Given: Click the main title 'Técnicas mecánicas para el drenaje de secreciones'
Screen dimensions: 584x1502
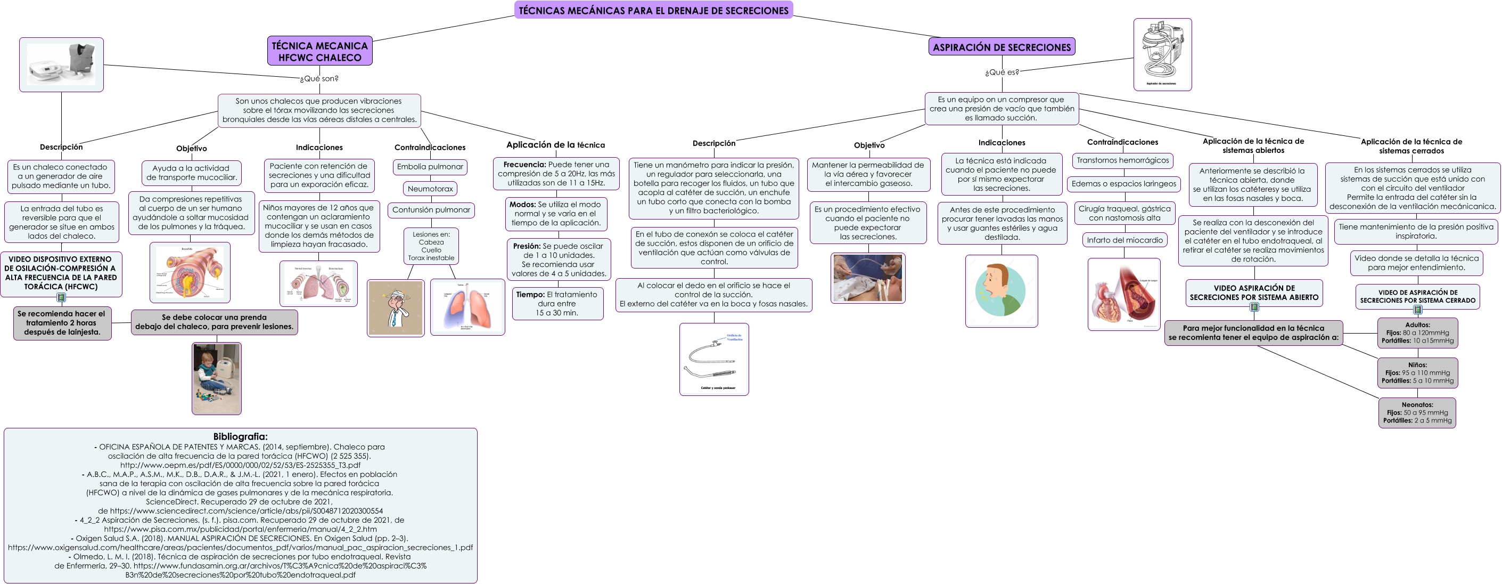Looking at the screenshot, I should [653, 10].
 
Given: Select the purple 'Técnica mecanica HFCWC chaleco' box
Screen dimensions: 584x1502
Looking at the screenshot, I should [319, 51].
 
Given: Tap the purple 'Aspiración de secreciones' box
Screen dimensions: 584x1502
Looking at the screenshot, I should [1001, 47].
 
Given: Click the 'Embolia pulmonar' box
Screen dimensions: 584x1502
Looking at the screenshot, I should [430, 167].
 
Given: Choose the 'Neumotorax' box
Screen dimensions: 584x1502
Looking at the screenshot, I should [430, 189].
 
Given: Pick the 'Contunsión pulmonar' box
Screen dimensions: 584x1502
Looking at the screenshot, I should [431, 210].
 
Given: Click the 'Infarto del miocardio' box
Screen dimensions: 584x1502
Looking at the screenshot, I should [1124, 240].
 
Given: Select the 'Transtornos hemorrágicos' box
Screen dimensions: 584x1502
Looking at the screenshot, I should [1122, 160].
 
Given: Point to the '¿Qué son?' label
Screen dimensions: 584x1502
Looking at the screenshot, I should [319, 79].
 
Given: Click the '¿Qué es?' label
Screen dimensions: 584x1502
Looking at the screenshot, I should [1002, 72].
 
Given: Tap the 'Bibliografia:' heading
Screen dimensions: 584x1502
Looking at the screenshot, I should [240, 436].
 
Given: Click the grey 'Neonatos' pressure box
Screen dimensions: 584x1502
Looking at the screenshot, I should [1417, 412].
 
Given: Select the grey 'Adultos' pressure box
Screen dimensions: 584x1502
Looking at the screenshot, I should [1417, 332].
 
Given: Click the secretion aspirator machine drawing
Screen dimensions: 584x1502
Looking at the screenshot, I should [1162, 54].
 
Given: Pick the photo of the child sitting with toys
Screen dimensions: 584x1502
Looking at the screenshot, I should [216, 378].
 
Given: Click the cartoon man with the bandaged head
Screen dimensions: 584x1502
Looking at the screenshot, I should [396, 308].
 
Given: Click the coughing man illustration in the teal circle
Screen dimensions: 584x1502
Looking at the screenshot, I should [1001, 290].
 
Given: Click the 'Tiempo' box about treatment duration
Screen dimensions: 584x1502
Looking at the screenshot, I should [557, 303].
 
